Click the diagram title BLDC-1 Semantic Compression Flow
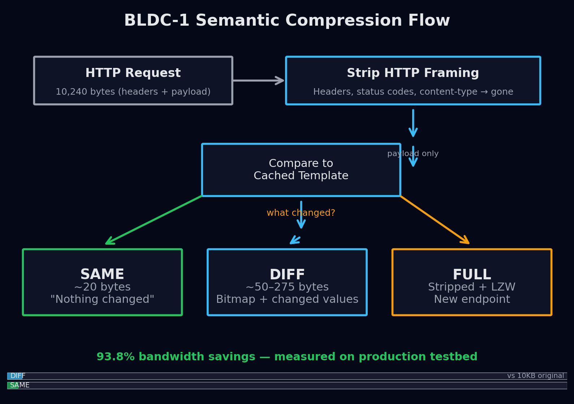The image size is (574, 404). pyautogui.click(x=287, y=21)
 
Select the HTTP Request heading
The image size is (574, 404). pyautogui.click(x=133, y=73)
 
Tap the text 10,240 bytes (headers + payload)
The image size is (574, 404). pyautogui.click(x=133, y=92)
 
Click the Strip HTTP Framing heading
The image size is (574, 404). pyautogui.click(x=413, y=73)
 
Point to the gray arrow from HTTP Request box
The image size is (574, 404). pyautogui.click(x=258, y=80)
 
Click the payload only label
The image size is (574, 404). pyautogui.click(x=413, y=154)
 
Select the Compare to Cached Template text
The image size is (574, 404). pyautogui.click(x=301, y=169)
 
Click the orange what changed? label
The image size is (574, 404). pyautogui.click(x=301, y=213)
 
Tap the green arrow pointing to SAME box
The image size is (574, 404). pyautogui.click(x=154, y=220)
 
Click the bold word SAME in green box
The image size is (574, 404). pyautogui.click(x=102, y=274)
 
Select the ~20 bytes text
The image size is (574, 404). pyautogui.click(x=102, y=287)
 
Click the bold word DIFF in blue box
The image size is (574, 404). pyautogui.click(x=287, y=275)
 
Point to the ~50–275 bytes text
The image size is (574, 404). pyautogui.click(x=287, y=287)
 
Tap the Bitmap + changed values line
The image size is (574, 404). pyautogui.click(x=287, y=299)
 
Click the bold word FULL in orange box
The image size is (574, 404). pyautogui.click(x=472, y=275)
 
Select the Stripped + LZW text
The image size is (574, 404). pyautogui.click(x=472, y=287)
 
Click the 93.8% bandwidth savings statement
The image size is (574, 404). pyautogui.click(x=287, y=357)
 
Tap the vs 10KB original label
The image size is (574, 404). pyautogui.click(x=535, y=376)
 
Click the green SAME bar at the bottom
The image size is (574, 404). pyautogui.click(x=13, y=385)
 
